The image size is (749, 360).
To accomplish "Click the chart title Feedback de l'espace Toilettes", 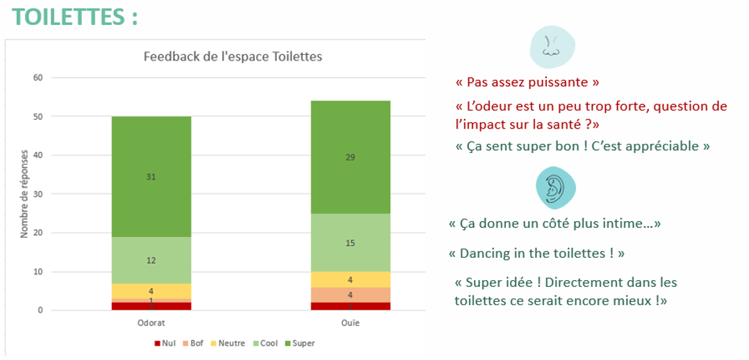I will tap(233, 56).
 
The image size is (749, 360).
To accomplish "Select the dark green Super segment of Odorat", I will tap(151, 177).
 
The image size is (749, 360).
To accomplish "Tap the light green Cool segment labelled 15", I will tap(350, 243).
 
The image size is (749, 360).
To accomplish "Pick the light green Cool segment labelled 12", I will tap(151, 260).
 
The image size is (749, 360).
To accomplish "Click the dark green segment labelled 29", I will tap(350, 157).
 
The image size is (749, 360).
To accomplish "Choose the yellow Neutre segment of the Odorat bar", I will tap(151, 291).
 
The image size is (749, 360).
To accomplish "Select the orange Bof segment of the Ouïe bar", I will tap(350, 295).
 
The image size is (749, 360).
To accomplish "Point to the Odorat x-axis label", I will tap(151, 323).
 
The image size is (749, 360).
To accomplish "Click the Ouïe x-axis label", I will tap(350, 323).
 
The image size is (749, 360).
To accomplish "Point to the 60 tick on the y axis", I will tap(38, 77).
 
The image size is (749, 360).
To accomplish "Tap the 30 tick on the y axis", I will tap(38, 194).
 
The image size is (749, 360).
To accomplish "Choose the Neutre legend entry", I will tap(227, 343).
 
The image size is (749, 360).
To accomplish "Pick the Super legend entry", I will tap(299, 343).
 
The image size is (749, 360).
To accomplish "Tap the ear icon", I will tap(556, 186).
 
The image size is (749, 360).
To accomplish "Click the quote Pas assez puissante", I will tap(527, 83).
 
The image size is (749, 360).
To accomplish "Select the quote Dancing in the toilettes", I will tap(537, 253).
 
